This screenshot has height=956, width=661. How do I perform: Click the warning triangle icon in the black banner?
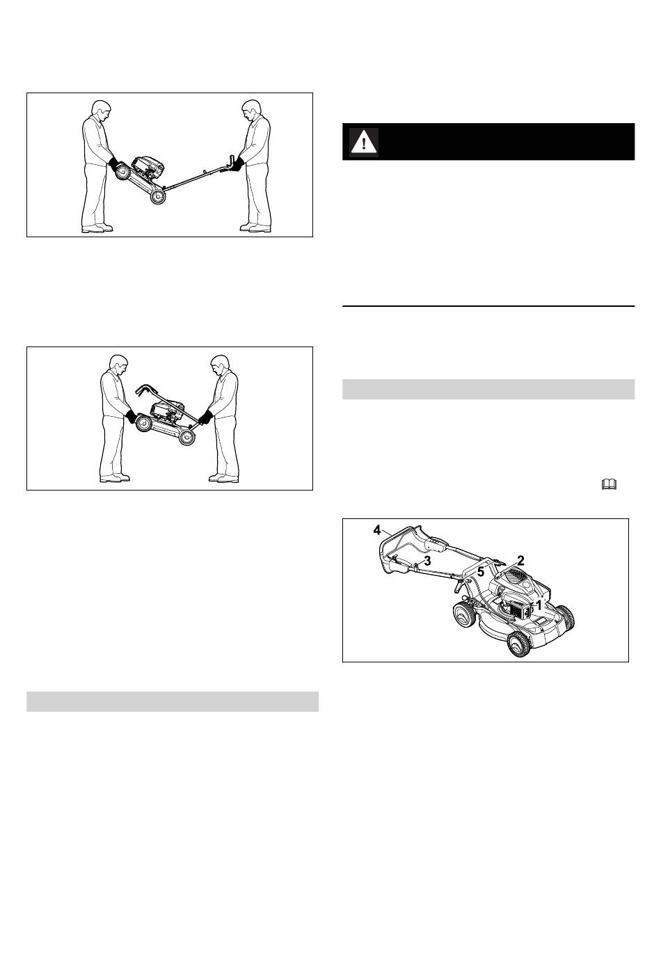(364, 142)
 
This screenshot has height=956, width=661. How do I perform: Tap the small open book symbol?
(609, 484)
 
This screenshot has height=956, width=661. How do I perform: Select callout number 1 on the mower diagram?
(539, 605)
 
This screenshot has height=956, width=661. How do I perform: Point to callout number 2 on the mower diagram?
(520, 560)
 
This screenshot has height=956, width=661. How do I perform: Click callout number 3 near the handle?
(428, 561)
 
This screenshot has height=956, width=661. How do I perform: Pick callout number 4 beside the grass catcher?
(377, 530)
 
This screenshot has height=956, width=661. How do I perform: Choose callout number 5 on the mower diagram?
(481, 571)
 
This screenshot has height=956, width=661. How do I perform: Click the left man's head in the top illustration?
(102, 111)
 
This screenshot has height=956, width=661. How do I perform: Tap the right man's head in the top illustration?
(251, 111)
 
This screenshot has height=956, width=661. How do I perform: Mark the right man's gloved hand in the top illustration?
(237, 164)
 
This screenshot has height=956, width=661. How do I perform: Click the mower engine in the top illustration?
(148, 167)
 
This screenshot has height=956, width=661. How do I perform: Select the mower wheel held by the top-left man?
(124, 173)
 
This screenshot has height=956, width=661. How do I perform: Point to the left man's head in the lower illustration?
(118, 365)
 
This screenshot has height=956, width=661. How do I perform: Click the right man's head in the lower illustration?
(220, 365)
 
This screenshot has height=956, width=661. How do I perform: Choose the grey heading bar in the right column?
(488, 389)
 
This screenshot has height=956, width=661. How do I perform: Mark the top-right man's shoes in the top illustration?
(255, 228)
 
